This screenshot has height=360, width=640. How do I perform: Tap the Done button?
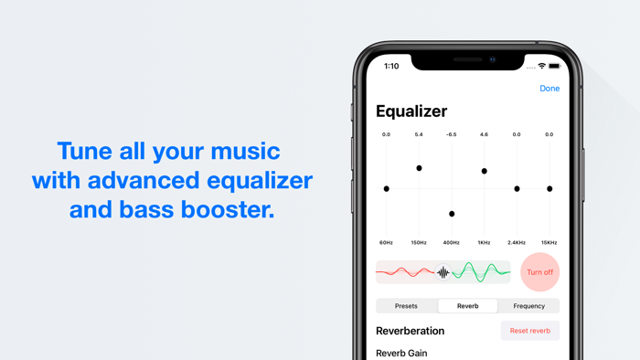(549, 89)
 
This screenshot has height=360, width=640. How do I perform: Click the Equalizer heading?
(411, 111)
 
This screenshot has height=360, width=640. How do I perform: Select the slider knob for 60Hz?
(387, 189)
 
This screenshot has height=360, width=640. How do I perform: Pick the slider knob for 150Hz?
(420, 168)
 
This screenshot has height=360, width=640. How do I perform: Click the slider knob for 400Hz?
(452, 214)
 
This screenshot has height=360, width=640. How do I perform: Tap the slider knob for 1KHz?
(485, 171)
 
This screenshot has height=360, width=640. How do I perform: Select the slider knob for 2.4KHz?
(517, 189)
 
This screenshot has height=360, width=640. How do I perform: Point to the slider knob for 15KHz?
(549, 189)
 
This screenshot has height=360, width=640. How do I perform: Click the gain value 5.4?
(419, 134)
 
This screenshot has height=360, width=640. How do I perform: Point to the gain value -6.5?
(452, 134)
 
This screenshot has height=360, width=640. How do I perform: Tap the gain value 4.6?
(485, 134)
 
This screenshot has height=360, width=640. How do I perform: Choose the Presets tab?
(406, 306)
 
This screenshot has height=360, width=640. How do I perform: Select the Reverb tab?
(467, 306)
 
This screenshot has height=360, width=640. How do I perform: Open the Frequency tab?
(528, 306)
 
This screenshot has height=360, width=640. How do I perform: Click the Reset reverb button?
(530, 331)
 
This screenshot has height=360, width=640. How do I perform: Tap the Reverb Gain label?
(401, 353)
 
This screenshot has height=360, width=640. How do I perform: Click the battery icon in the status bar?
(554, 67)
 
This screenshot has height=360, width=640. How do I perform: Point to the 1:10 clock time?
(391, 67)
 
